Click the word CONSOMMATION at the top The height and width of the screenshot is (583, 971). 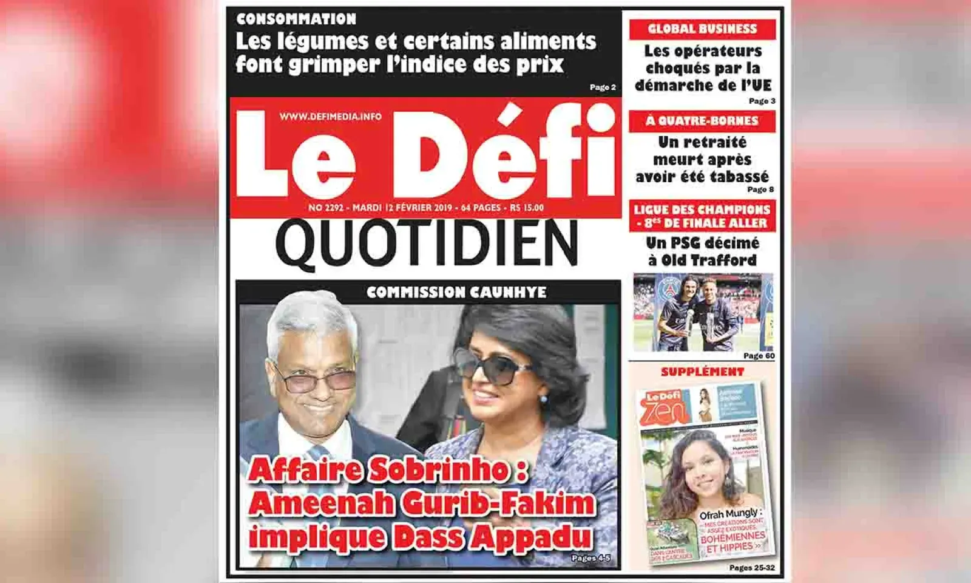click(x=296, y=19)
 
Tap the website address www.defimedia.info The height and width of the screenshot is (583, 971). click(x=331, y=116)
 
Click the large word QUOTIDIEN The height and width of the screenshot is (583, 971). click(x=427, y=244)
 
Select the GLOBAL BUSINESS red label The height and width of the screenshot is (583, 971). click(x=702, y=29)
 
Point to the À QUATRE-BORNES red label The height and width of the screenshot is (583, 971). click(x=702, y=121)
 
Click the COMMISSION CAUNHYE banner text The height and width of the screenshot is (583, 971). click(x=456, y=292)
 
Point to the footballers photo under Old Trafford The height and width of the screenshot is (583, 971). click(x=703, y=312)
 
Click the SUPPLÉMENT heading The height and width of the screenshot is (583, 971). click(x=702, y=372)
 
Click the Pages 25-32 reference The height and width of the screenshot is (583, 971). click(x=752, y=568)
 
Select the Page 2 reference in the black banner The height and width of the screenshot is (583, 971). click(x=603, y=87)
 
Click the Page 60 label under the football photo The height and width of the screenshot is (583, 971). click(x=759, y=356)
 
